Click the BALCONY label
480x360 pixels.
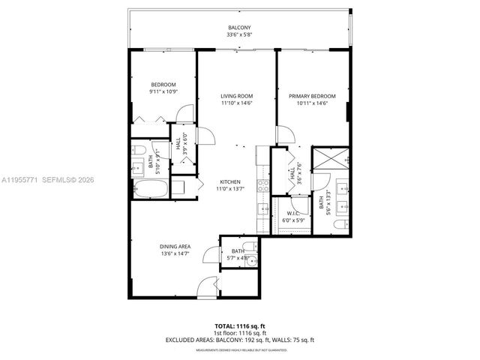click(240, 28)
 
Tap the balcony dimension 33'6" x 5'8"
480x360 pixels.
click(240, 35)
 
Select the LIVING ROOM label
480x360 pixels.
click(236, 96)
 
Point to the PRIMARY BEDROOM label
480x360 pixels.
click(312, 96)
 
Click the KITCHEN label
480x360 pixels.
click(229, 182)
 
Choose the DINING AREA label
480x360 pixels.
click(174, 247)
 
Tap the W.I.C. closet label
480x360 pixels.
click(293, 213)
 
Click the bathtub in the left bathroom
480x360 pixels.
click(150, 188)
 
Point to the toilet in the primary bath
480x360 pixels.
click(338, 224)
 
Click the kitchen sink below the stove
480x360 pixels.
click(263, 208)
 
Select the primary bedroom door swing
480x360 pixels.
click(283, 135)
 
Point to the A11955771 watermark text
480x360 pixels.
click(22, 180)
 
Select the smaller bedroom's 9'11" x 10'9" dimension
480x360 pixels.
click(164, 91)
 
